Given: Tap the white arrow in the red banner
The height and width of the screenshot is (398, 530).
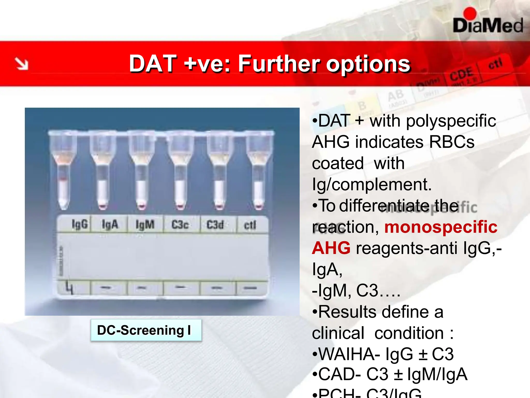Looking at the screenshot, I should point(21,64).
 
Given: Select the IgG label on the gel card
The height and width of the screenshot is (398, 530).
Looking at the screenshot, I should point(80,224).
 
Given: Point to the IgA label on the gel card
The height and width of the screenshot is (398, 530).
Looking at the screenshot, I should point(110,224).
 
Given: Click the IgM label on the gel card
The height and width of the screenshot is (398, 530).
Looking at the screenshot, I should point(145,225).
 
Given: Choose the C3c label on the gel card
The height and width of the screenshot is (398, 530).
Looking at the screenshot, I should point(180,225).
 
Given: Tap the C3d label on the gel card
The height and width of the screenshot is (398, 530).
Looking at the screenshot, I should point(215,225).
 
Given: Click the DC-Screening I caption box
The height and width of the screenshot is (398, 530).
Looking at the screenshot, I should point(146,330).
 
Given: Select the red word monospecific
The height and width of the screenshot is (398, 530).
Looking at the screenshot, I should point(441,227).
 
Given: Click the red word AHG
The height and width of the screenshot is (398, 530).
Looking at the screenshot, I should point(331,248).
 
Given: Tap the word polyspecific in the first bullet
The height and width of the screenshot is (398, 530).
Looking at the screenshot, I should point(451,121).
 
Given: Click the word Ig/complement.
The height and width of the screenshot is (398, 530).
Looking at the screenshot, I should point(372,184).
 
